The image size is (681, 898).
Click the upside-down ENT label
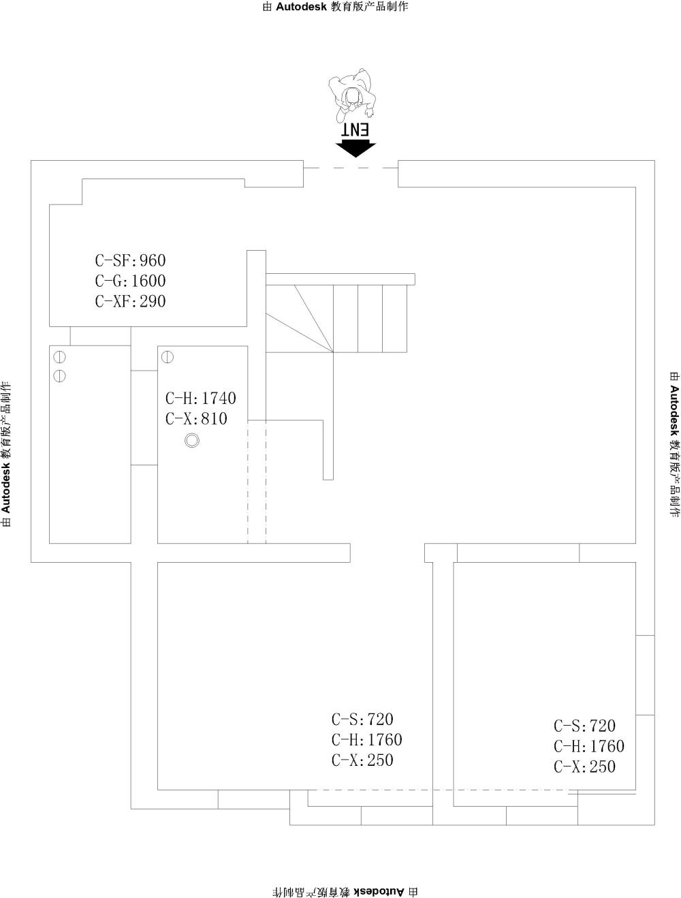[355, 129]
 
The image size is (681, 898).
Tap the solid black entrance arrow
[355, 149]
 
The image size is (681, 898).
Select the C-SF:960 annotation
[130, 260]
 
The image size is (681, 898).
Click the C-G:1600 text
[130, 281]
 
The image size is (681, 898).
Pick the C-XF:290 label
[130, 301]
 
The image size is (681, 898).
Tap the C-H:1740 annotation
[201, 398]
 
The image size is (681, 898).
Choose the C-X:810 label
[196, 418]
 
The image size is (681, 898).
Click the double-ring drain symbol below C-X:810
[192, 441]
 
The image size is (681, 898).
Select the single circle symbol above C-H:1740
[167, 357]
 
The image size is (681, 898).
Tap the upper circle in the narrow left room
[59, 357]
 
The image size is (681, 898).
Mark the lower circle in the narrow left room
[59, 376]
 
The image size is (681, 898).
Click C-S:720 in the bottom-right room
[584, 726]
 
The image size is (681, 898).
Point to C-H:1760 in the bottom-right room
[589, 746]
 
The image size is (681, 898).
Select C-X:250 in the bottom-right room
[584, 767]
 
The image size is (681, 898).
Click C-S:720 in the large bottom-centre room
[362, 719]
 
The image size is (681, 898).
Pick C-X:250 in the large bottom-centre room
[362, 760]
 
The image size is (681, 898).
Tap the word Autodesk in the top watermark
[301, 7]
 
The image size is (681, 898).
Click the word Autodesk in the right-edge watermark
[674, 410]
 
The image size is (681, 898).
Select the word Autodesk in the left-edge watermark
[5, 489]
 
